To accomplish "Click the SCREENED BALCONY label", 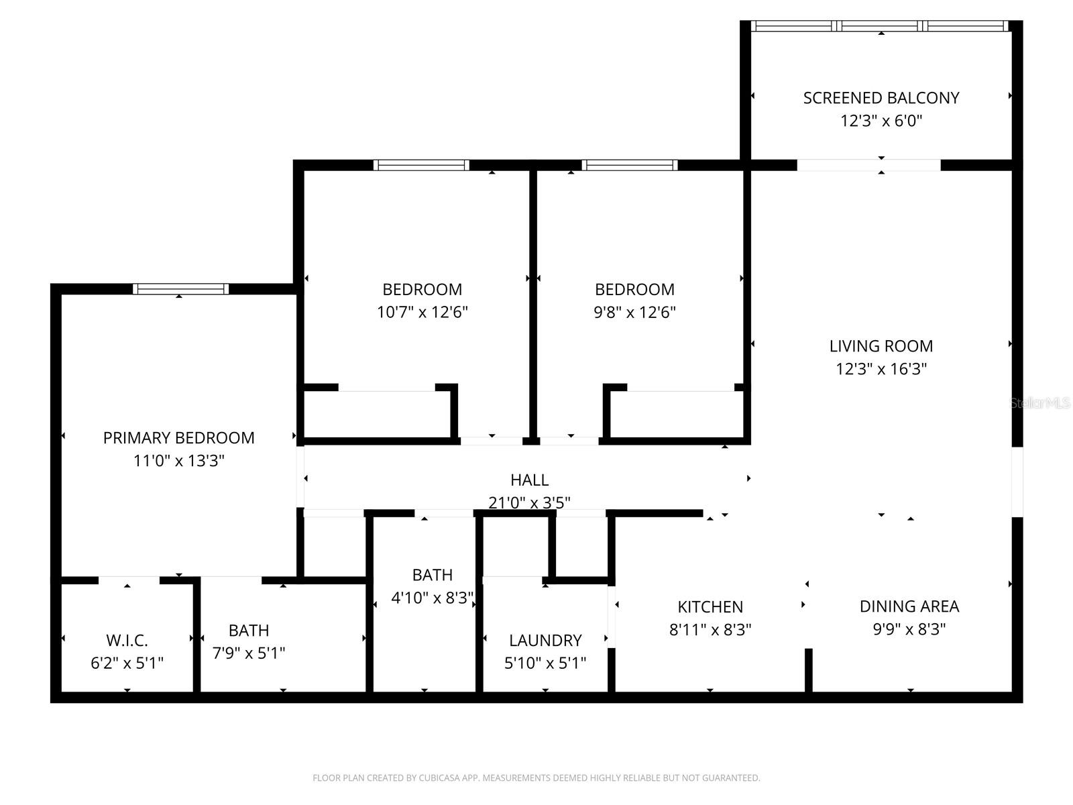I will pyautogui.click(x=881, y=98).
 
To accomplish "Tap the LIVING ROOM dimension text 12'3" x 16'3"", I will pyautogui.click(x=881, y=369).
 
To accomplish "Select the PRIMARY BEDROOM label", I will pyautogui.click(x=178, y=438).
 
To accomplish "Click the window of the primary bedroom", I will pyautogui.click(x=180, y=289).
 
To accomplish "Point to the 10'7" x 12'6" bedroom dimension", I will pyautogui.click(x=422, y=313).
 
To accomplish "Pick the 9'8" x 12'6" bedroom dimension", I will pyautogui.click(x=634, y=313).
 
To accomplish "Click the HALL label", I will pyautogui.click(x=529, y=480).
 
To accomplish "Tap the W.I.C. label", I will pyautogui.click(x=127, y=641).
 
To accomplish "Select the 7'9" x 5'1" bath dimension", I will pyautogui.click(x=249, y=653).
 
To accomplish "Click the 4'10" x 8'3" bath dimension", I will pyautogui.click(x=433, y=598).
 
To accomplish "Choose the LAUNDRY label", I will pyautogui.click(x=545, y=641).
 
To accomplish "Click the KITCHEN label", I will pyautogui.click(x=710, y=607).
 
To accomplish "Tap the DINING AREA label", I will pyautogui.click(x=909, y=606).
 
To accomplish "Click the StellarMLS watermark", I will pyautogui.click(x=1040, y=403).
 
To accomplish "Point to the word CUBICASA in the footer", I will pyautogui.click(x=443, y=778).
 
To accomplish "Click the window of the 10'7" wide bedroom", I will pyautogui.click(x=421, y=165).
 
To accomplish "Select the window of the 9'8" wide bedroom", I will pyautogui.click(x=630, y=165).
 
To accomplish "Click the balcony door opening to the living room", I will pyautogui.click(x=868, y=165).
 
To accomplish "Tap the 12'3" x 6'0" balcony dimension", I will pyautogui.click(x=881, y=121).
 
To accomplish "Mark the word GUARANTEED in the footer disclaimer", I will pyautogui.click(x=732, y=778).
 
